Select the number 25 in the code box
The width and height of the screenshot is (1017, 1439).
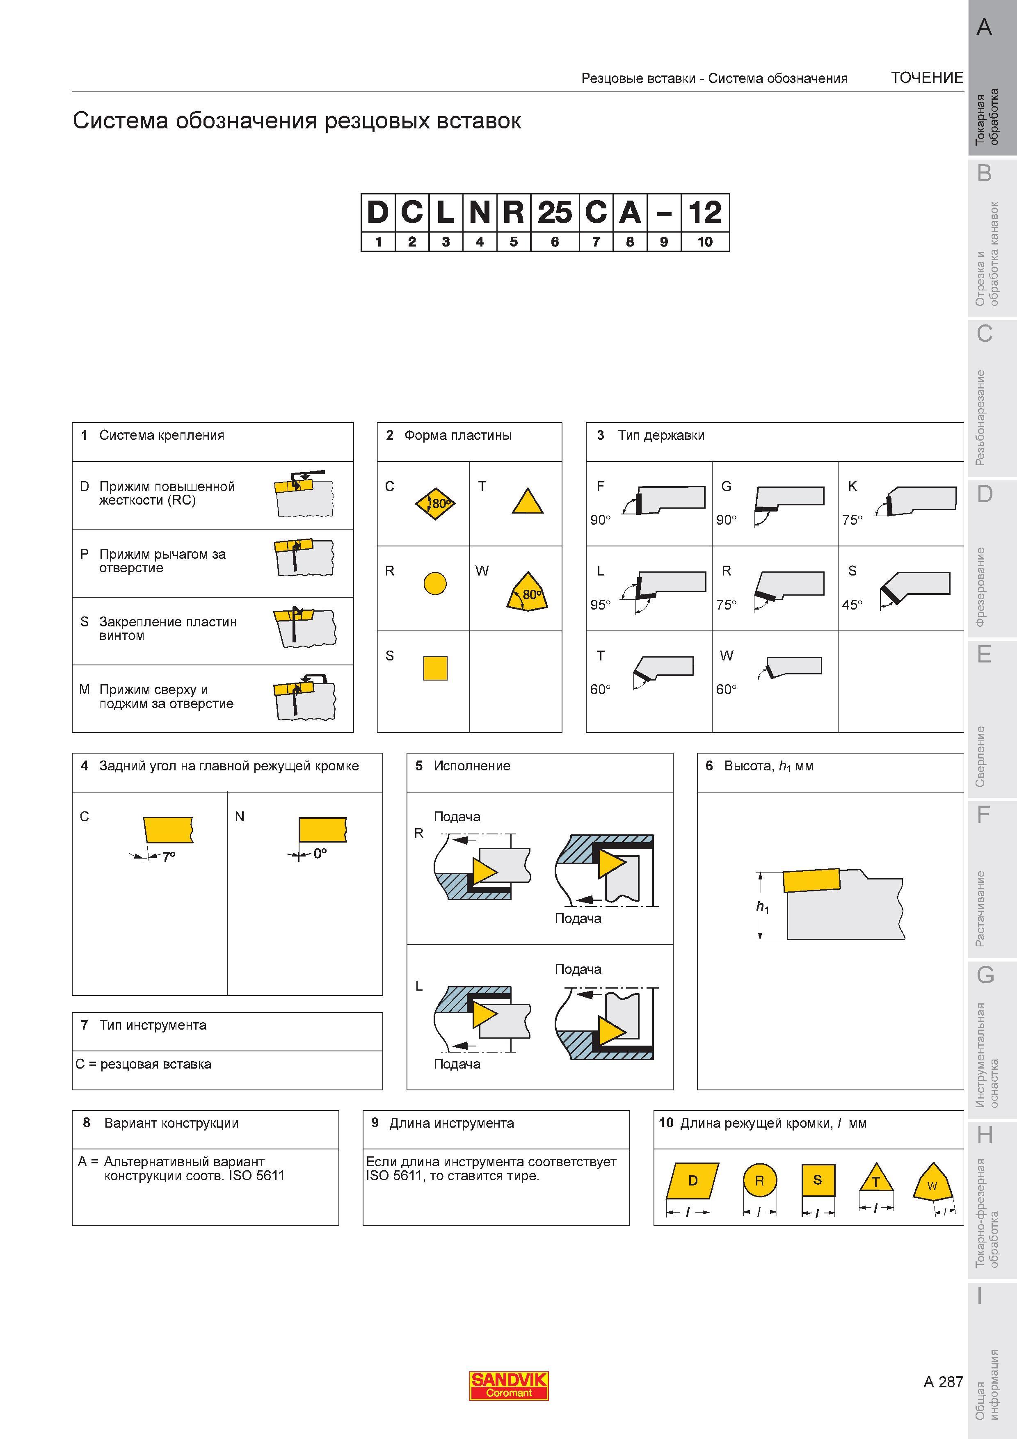555,212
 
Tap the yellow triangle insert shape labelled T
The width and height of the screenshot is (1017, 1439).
528,501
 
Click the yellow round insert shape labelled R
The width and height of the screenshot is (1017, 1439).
435,583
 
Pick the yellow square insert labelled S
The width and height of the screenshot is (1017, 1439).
435,668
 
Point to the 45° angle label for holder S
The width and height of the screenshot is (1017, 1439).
852,605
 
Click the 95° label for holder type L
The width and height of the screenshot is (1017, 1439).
600,605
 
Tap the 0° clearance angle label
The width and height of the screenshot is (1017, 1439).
320,853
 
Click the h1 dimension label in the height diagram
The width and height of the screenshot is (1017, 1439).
763,907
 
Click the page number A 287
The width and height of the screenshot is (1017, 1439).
943,1381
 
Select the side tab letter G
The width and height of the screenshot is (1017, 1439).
985,975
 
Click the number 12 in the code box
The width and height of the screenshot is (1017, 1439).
705,212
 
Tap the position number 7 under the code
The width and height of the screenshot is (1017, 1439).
596,242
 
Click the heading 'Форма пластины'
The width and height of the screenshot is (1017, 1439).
457,435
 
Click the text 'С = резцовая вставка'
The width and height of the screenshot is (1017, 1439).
144,1064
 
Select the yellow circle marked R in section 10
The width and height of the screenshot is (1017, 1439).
759,1181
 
